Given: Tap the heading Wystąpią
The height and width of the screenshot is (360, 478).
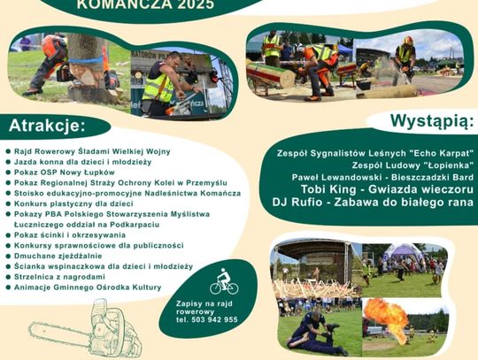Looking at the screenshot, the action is (x=433, y=120).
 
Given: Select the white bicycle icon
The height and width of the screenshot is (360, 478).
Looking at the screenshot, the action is (x=224, y=282).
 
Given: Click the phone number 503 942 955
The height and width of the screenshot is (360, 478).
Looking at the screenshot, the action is (x=214, y=319).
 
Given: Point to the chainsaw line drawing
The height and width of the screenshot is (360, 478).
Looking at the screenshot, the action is (x=86, y=330).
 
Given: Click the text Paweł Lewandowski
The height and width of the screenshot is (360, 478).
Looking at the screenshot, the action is (x=336, y=177).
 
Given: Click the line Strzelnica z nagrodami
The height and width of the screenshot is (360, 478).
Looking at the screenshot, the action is (x=59, y=277).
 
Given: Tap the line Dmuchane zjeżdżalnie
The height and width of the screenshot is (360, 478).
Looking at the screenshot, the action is (x=58, y=256).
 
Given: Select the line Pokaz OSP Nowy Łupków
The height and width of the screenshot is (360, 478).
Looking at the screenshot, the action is (x=65, y=172).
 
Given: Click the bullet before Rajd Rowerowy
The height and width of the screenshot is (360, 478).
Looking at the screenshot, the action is (x=8, y=151).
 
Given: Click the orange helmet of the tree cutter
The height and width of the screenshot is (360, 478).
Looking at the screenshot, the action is (x=51, y=46).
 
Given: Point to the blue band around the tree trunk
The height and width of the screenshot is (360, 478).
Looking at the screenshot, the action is (x=86, y=60).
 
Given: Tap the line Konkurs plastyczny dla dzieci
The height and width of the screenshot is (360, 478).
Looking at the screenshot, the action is (x=73, y=203).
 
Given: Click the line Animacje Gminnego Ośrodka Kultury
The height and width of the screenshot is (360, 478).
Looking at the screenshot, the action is (x=88, y=287).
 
